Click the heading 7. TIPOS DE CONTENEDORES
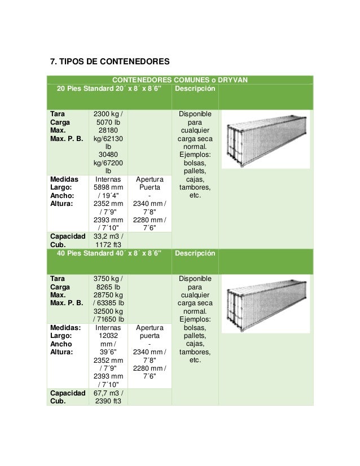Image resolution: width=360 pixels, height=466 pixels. (x=109, y=61)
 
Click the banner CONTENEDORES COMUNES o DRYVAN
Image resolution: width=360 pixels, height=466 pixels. (x=180, y=80)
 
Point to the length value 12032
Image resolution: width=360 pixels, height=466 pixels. (x=108, y=336)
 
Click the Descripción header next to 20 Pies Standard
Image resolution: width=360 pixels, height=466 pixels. (x=195, y=89)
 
